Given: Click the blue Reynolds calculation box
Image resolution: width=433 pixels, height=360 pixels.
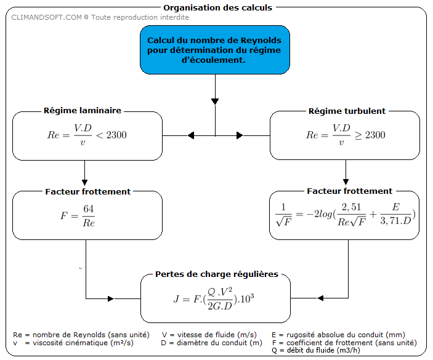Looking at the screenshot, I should click(214, 50).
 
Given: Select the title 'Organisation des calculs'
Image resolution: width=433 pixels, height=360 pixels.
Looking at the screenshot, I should click(217, 8).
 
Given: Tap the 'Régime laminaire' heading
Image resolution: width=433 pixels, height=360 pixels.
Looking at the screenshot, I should click(82, 111).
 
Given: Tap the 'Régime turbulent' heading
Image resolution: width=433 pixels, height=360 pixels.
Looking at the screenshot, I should click(347, 111).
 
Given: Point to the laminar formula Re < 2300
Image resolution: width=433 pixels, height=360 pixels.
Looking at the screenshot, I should click(87, 134).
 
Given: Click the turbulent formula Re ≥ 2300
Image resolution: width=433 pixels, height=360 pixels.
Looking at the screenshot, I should click(346, 134).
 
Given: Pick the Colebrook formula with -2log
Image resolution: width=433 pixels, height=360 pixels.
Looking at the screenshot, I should click(345, 215).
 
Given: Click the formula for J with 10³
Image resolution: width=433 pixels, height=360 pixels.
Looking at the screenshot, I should click(214, 298).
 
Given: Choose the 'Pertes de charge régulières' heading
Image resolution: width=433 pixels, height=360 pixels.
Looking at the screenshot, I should click(216, 274).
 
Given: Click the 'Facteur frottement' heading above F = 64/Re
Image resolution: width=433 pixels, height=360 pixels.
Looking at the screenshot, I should click(87, 191).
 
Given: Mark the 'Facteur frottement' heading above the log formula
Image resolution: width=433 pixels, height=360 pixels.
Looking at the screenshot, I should click(349, 191).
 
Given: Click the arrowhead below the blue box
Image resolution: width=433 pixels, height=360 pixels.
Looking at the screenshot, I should click(214, 100).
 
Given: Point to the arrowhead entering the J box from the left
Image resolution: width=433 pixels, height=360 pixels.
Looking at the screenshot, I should click(111, 298).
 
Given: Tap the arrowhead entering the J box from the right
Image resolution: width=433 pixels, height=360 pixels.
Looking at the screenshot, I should click(318, 298).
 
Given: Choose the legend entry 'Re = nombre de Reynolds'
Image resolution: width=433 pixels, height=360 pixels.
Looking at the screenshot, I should click(81, 334).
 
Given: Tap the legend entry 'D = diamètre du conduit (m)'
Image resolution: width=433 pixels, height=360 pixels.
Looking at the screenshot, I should click(212, 342).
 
